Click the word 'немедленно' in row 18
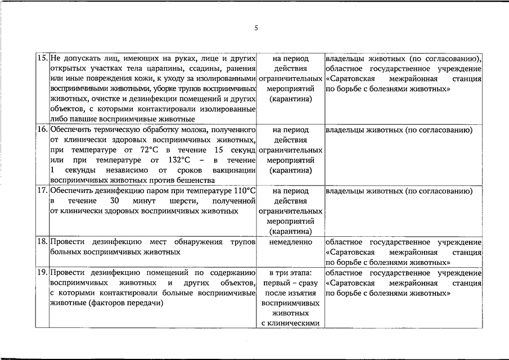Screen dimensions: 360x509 (290, 241)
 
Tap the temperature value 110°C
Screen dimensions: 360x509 (245, 191)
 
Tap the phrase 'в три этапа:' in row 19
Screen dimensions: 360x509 (290, 273)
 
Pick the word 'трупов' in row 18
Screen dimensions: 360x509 (243, 241)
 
